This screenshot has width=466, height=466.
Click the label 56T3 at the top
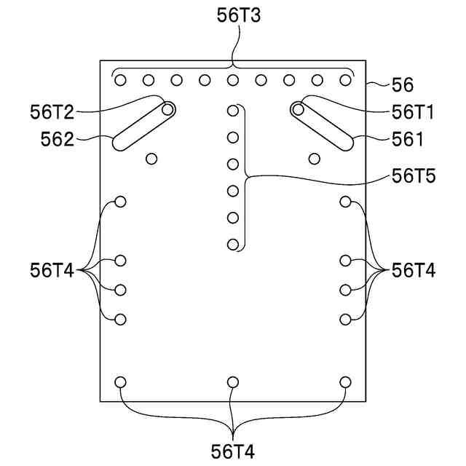(232, 15)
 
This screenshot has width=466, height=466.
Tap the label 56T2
(52, 111)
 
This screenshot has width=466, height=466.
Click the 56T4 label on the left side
(52, 270)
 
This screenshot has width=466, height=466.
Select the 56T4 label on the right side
(414, 270)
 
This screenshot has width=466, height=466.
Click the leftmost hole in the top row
(121, 80)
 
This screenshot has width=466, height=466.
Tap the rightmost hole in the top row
(345, 80)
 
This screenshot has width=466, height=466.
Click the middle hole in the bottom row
(233, 382)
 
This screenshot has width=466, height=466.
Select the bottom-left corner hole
(121, 382)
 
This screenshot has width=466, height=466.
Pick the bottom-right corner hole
(345, 382)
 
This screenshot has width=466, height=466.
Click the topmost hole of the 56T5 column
(233, 111)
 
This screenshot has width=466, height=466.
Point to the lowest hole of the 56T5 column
(233, 245)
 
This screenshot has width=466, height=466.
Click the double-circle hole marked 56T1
(298, 109)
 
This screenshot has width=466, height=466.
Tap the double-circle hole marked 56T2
(168, 109)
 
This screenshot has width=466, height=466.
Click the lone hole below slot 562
(151, 158)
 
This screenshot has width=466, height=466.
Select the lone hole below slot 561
(315, 158)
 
